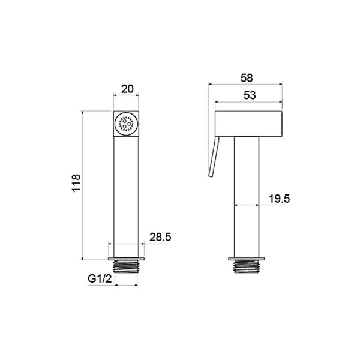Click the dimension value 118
coord(76,183)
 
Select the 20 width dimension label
coord(127,89)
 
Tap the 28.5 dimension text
coord(160,237)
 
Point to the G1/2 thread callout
coord(100,279)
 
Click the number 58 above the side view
coord(247,78)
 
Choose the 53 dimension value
coord(250,95)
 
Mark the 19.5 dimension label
coord(280,199)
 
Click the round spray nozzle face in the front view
coord(126,124)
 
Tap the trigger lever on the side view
coord(214,157)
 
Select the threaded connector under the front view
coord(126,267)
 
